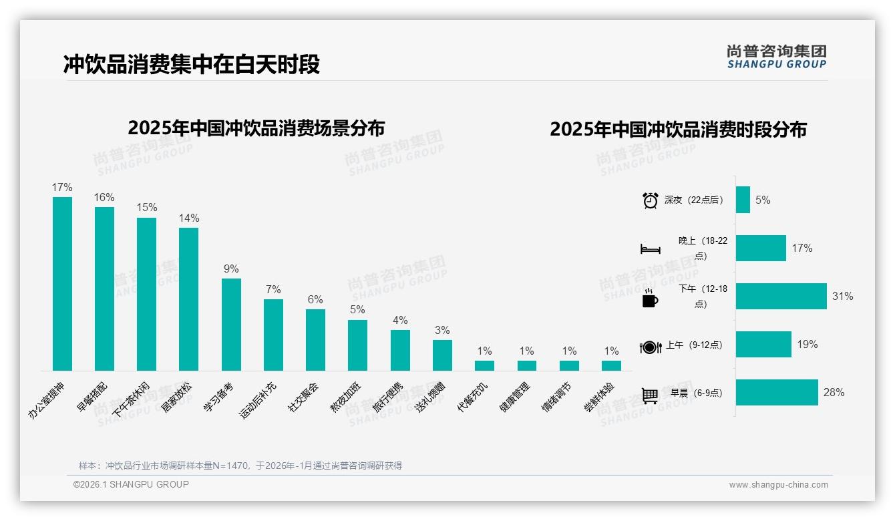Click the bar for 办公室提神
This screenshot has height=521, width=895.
(62, 283)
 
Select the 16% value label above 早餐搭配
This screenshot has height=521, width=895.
(104, 198)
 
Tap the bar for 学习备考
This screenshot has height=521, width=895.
(231, 324)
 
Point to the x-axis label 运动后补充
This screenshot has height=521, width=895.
(258, 401)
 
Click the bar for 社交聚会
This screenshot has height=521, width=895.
(315, 339)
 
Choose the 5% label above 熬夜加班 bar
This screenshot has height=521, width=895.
(357, 310)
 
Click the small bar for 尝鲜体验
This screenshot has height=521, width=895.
(611, 365)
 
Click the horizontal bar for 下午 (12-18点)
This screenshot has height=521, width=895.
(781, 296)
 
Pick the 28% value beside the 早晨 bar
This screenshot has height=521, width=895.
(834, 393)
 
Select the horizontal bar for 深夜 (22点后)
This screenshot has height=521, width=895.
(743, 200)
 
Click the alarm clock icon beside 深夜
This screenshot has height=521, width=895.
(650, 200)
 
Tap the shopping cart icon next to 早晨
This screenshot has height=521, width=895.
(650, 395)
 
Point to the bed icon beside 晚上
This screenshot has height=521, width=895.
(650, 249)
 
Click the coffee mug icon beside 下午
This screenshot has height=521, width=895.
(650, 298)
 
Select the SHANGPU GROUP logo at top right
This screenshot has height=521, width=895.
(776, 57)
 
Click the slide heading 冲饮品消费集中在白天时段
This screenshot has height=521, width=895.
(192, 64)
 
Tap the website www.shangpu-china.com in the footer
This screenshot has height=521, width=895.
(778, 485)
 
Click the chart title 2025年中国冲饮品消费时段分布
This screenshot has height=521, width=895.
(678, 129)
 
